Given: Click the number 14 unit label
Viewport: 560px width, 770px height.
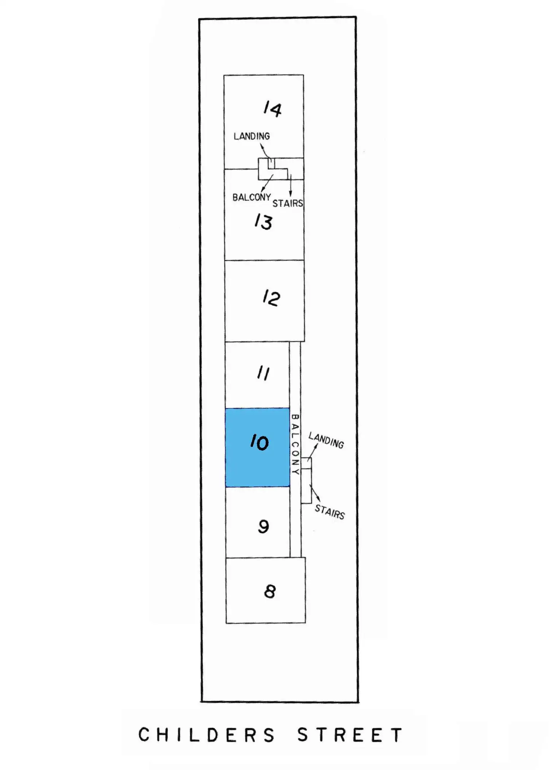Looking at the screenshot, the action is click(272, 109).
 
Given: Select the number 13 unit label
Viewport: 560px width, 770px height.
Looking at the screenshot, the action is click(263, 222).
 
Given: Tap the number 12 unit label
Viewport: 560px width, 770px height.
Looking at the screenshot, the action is click(271, 297).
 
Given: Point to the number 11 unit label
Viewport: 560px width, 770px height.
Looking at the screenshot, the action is click(263, 374).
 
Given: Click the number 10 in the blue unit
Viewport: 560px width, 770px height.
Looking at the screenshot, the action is click(259, 442).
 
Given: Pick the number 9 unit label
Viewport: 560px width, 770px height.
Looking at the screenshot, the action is click(263, 527).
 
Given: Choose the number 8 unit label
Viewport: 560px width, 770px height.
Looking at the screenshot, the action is click(270, 591).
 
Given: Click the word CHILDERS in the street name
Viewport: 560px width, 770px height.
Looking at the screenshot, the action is click(207, 735).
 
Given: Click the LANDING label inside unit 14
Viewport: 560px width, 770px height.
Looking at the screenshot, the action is click(251, 136).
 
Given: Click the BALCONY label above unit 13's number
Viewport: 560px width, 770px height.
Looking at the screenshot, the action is click(251, 197).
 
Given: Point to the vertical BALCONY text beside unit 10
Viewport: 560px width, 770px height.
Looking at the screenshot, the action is click(295, 444).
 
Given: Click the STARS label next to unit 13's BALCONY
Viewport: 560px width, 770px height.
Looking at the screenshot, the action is click(288, 204).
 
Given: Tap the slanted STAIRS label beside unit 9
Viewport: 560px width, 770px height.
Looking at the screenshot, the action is click(329, 512).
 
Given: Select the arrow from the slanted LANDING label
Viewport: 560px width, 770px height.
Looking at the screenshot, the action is click(312, 452).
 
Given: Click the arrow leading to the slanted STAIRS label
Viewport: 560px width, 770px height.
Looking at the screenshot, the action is click(315, 493).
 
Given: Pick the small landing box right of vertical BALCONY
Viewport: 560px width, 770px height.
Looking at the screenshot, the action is click(306, 463).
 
